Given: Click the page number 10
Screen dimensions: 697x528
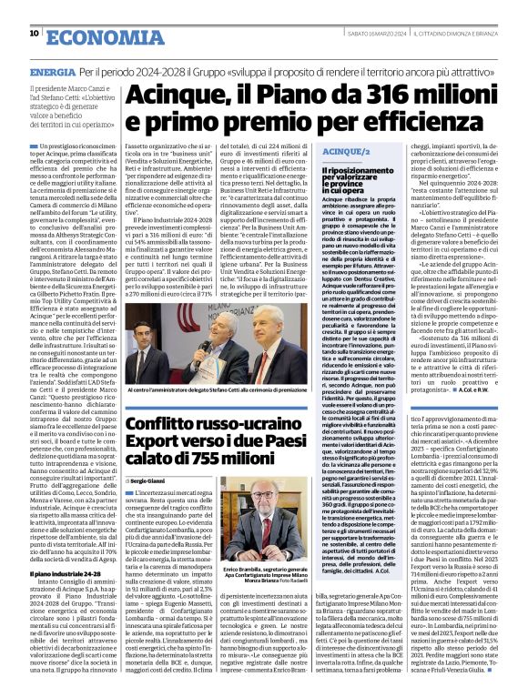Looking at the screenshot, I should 34,34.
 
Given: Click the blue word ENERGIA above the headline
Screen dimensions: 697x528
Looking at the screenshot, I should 52,71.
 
